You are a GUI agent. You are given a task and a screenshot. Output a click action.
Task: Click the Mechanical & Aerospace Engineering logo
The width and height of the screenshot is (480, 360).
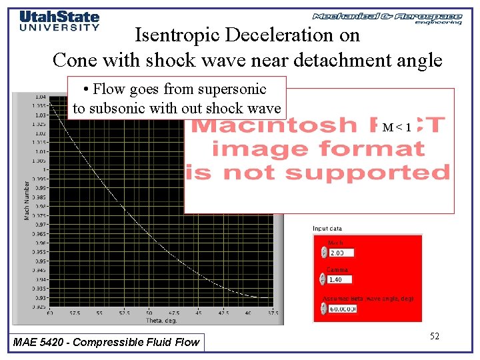tap(387, 18)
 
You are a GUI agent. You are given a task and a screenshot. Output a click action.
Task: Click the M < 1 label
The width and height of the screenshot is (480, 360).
tap(397, 127)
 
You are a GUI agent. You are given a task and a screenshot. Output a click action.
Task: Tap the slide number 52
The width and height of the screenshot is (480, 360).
tap(434, 336)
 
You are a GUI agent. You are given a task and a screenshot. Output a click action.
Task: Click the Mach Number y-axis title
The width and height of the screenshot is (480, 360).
tap(27, 200)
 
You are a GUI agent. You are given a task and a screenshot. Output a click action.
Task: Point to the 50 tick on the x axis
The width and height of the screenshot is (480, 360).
tap(149, 313)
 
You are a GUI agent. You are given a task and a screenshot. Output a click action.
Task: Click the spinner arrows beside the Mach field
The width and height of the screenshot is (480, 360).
tap(324, 253)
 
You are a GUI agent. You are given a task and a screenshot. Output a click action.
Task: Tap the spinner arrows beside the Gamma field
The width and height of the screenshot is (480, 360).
tap(324, 279)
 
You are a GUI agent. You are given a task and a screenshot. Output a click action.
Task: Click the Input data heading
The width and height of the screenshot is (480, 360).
tap(327, 229)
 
